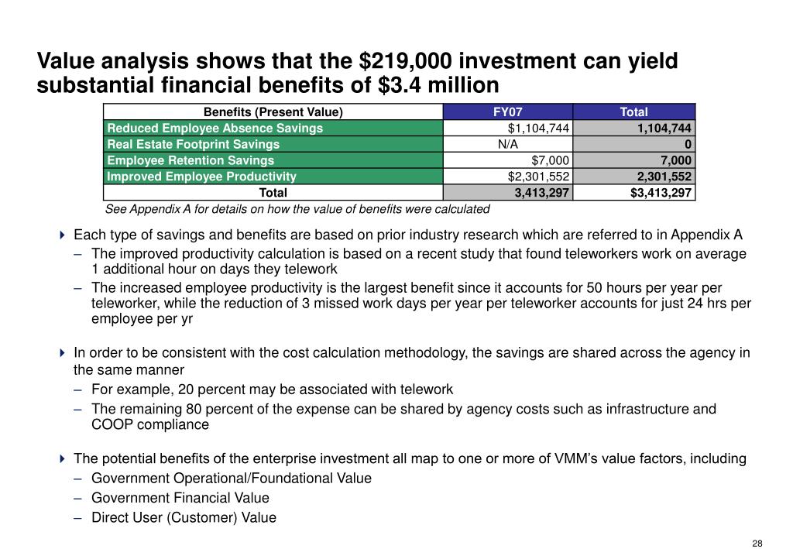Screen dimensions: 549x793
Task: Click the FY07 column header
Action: coord(508,112)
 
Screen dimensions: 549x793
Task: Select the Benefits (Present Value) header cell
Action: coord(273,112)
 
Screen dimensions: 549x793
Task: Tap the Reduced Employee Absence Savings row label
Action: coord(215,128)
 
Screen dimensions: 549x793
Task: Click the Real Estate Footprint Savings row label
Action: coord(193,144)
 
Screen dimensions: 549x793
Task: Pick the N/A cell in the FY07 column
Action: coord(508,144)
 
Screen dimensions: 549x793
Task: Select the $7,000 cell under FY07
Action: coord(551,160)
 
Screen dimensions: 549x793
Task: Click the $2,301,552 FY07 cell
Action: coord(539,177)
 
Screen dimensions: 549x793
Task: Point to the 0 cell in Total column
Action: coord(688,144)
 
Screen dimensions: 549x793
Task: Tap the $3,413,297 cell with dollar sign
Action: coord(661,193)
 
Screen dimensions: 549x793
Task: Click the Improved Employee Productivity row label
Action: coord(201,177)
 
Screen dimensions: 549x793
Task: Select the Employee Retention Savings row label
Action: coord(191,160)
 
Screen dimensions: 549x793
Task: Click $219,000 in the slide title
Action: coord(407,60)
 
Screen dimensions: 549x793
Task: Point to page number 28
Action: coord(757,543)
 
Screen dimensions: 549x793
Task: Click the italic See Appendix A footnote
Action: coord(297,209)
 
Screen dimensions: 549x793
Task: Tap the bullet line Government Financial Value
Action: coord(180,498)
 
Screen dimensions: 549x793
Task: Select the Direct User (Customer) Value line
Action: coord(184,518)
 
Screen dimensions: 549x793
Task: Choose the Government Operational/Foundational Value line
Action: coord(231,478)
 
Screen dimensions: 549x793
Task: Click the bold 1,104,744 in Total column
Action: coord(664,128)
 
